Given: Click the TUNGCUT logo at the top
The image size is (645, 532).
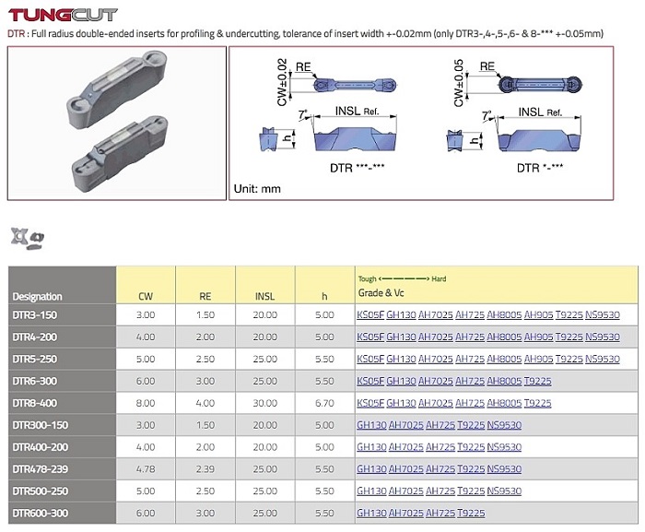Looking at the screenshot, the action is click(x=63, y=15).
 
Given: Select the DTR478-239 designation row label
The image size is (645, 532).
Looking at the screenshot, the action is click(x=41, y=469).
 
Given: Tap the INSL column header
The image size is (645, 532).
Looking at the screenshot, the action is click(x=265, y=296).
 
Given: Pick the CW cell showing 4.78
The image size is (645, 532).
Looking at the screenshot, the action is click(x=146, y=469).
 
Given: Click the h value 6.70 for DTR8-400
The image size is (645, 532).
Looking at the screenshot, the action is click(x=324, y=403).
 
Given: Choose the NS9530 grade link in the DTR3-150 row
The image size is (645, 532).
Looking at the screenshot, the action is click(x=603, y=315).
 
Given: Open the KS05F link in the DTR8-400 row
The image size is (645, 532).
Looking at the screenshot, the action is click(x=370, y=403).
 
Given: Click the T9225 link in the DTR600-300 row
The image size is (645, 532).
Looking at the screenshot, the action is click(x=471, y=513).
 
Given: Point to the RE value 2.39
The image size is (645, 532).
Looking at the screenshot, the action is click(x=205, y=469).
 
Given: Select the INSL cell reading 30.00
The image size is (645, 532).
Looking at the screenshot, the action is click(x=265, y=403).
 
